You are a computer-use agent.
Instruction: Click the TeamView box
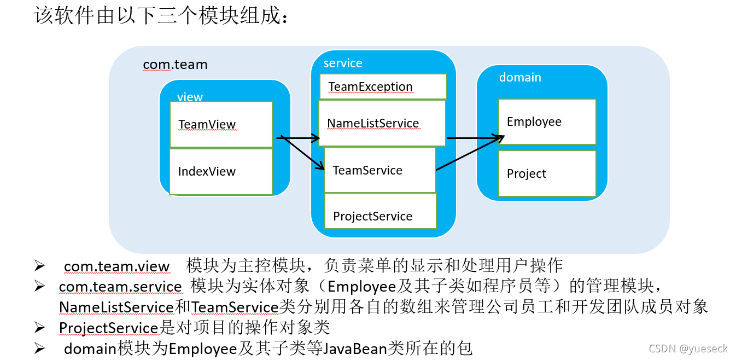[x=220, y=124]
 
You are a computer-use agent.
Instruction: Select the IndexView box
[x=220, y=171]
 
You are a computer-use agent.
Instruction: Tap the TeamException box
[x=383, y=86]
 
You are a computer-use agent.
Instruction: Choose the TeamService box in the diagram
[x=379, y=170]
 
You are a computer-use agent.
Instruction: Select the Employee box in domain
[x=547, y=121]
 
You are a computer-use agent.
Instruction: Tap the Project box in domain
[x=547, y=173]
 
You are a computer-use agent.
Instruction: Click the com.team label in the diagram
[x=175, y=65]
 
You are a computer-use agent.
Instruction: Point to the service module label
[x=343, y=63]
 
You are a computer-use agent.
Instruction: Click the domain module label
[x=520, y=78]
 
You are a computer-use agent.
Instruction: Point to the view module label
[x=190, y=97]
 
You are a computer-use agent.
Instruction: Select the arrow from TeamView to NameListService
[x=298, y=137]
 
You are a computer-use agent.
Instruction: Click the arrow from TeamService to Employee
[x=469, y=154]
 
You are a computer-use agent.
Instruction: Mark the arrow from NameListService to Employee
[x=475, y=138]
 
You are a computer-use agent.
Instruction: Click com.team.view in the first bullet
[x=116, y=266]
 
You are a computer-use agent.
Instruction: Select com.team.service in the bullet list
[x=120, y=287]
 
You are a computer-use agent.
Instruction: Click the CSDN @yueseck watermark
[x=687, y=349]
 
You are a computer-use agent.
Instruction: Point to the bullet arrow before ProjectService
[x=39, y=328]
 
